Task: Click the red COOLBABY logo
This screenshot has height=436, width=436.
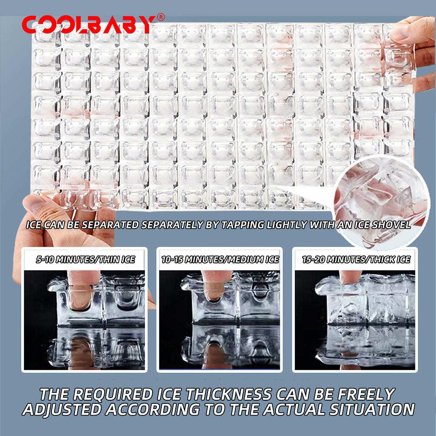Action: pos(89,24)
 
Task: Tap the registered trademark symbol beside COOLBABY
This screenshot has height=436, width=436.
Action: pos(161,17)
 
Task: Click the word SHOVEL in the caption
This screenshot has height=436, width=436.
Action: pos(391,225)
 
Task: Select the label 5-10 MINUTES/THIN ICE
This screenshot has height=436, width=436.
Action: pos(85,259)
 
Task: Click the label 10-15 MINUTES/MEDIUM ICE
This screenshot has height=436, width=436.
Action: pos(220,259)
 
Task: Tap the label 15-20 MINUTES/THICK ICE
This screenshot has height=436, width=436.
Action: pos(356,259)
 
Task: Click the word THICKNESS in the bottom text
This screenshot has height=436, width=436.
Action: pos(228,394)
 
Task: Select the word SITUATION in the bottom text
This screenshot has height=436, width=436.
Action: pos(372,409)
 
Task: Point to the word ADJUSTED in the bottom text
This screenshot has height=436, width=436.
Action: pos(62,409)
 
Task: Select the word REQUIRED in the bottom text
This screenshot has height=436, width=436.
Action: pos(110,394)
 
